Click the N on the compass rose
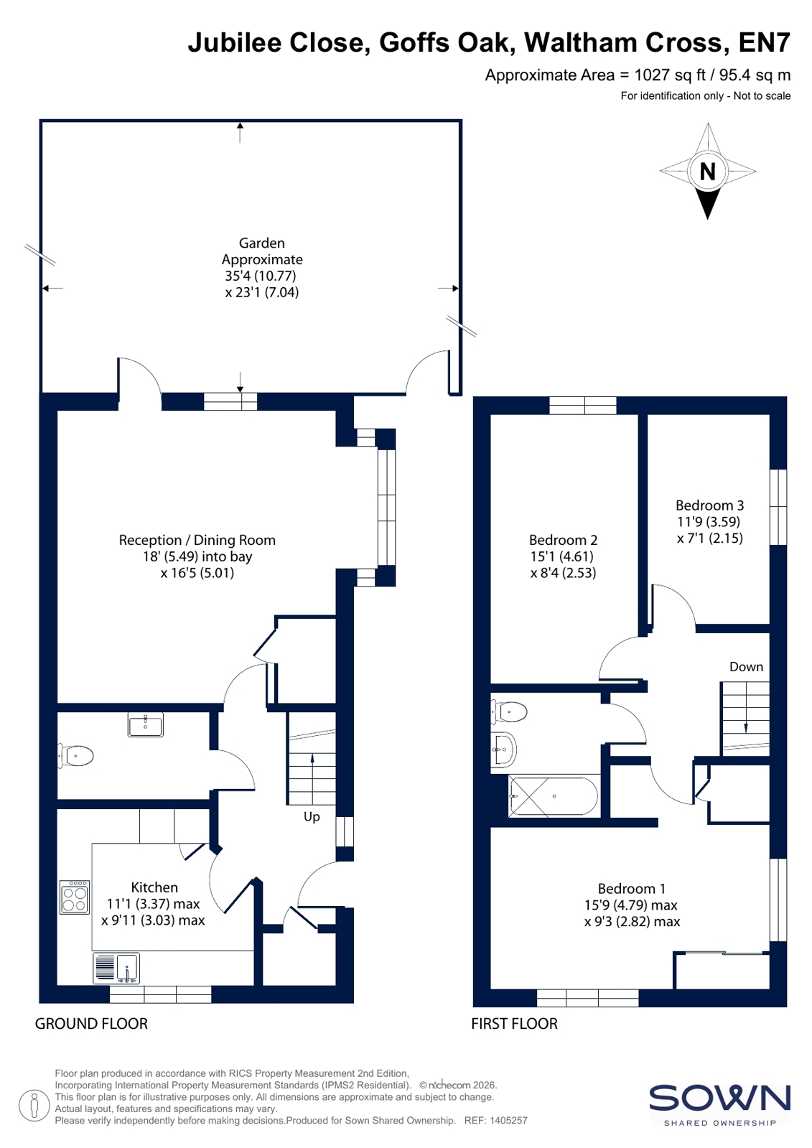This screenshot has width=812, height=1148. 707,171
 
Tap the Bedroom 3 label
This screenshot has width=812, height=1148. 709,505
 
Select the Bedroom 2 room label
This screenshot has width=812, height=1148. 563,540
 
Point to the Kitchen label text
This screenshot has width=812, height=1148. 154,887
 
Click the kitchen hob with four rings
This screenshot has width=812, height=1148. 75,897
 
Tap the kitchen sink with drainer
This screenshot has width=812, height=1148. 116,968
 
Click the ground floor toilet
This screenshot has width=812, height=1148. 76,756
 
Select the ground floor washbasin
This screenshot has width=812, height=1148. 146,724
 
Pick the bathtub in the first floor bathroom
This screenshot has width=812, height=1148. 554,796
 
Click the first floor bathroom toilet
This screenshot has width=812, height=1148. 509,712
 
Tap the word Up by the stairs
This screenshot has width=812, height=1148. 312,817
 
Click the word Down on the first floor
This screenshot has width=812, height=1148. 746,667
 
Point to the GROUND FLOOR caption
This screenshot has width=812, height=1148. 91,1024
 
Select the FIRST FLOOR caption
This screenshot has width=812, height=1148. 514,1024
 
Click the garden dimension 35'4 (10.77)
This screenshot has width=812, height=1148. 261,276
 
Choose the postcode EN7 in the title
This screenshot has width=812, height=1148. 765,42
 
